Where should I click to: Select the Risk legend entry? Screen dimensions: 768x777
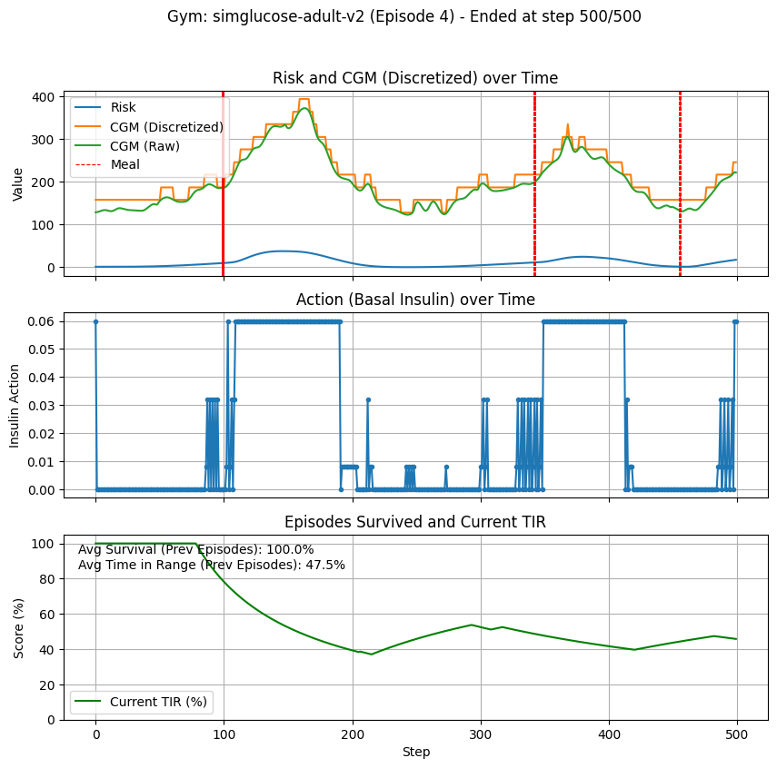(124, 107)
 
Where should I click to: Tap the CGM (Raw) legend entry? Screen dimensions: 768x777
(144, 145)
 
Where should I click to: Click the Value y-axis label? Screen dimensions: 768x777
(18, 182)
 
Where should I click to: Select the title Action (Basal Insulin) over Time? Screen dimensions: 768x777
(415, 300)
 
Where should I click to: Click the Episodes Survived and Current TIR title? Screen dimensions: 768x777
(415, 522)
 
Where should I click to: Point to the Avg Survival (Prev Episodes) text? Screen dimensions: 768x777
(195, 549)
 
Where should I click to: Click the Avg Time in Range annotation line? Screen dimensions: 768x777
(211, 565)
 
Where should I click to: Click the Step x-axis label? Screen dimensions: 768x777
(415, 752)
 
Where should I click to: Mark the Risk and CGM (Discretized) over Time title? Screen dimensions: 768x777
(415, 78)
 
